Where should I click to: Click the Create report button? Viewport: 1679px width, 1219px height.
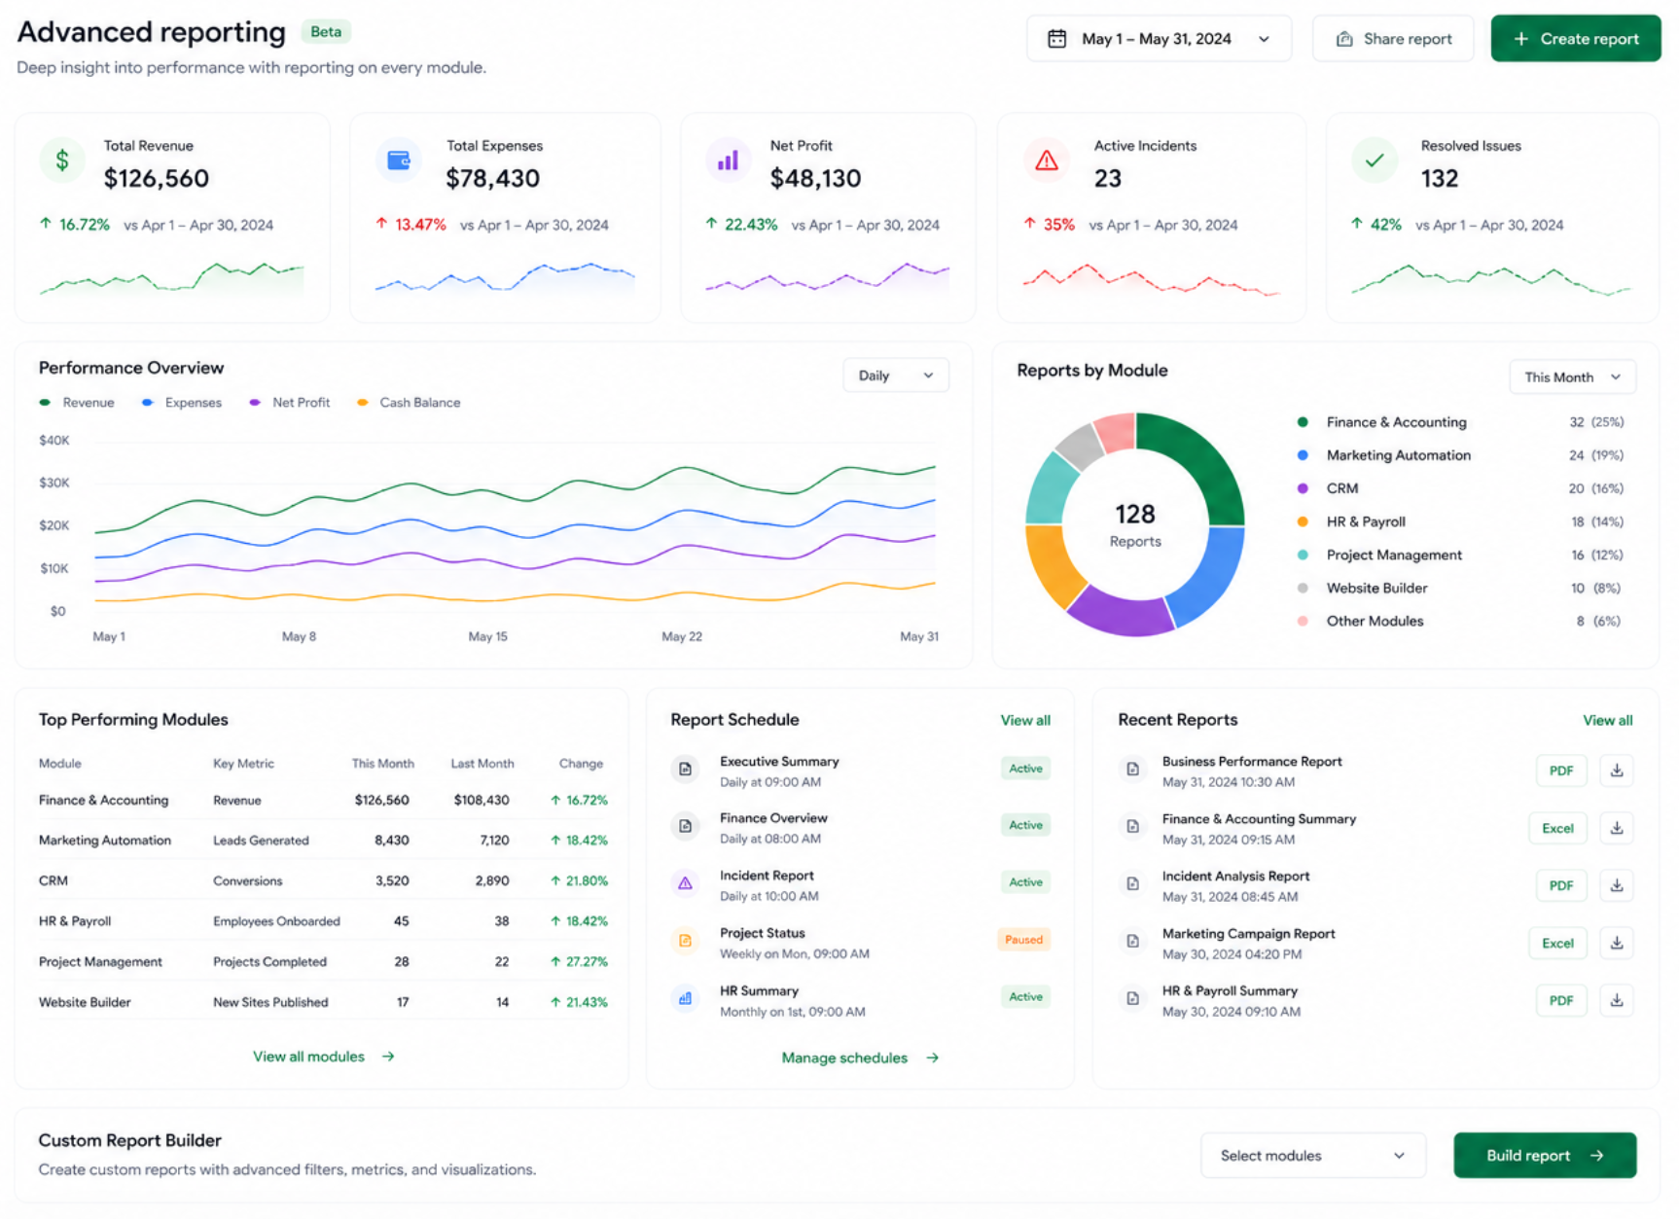tap(1575, 39)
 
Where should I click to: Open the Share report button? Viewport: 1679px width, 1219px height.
tap(1392, 39)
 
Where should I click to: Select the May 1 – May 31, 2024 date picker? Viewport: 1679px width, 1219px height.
tap(1159, 39)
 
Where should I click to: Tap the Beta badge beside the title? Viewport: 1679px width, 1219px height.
tap(326, 32)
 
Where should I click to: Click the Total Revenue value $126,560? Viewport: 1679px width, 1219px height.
tap(157, 178)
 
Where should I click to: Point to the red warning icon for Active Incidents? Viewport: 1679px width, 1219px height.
tap(1047, 161)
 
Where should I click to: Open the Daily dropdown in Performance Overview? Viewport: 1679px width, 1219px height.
tap(895, 376)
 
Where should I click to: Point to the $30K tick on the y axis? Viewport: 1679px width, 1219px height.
tap(54, 483)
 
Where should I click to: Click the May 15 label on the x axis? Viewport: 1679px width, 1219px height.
tap(487, 636)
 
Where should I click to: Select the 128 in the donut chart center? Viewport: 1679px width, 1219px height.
tap(1135, 514)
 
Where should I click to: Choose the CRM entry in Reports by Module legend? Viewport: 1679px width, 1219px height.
tap(1342, 488)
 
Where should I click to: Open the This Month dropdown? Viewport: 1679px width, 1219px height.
tap(1572, 377)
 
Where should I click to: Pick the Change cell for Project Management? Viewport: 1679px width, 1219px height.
tap(579, 961)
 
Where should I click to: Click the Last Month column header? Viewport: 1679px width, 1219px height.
tap(482, 764)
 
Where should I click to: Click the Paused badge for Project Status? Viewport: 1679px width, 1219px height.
tap(1023, 940)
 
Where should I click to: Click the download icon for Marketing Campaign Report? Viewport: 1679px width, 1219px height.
tap(1617, 943)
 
